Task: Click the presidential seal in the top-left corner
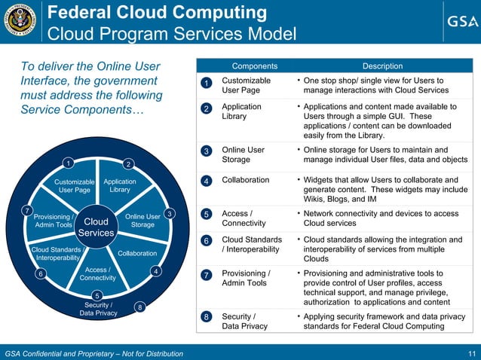(x=19, y=23)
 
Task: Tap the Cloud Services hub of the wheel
(x=96, y=227)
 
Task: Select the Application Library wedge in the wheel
(x=120, y=186)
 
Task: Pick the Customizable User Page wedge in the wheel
(x=75, y=186)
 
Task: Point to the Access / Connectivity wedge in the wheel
(x=97, y=274)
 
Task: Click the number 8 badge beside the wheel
(x=139, y=307)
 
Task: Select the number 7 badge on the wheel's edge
(x=26, y=209)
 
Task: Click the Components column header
(x=254, y=66)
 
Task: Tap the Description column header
(x=382, y=66)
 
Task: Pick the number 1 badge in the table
(x=207, y=83)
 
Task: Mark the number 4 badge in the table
(x=207, y=182)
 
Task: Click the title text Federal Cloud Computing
(x=158, y=13)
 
